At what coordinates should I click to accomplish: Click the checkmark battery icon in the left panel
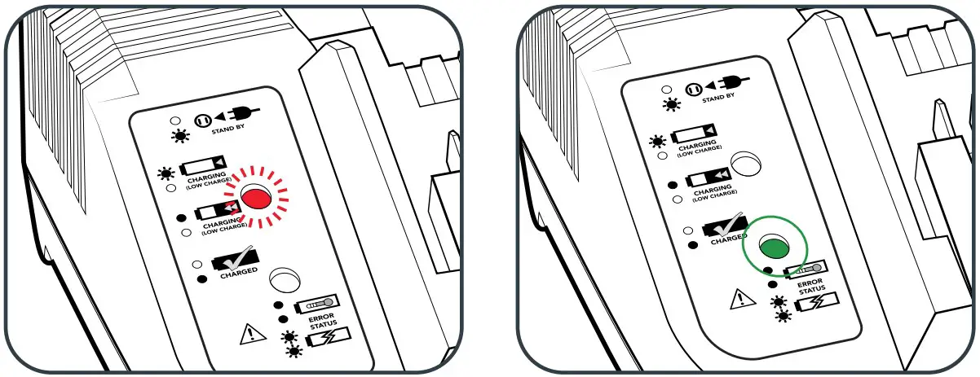(232, 260)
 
